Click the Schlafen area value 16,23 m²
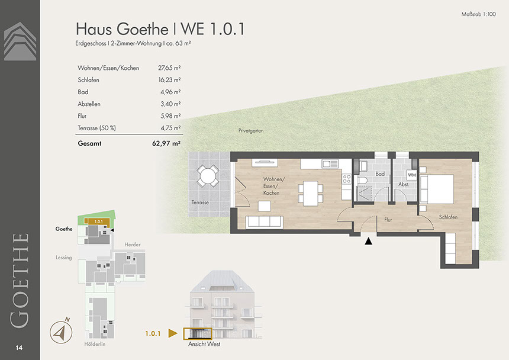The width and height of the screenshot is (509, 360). [169, 80]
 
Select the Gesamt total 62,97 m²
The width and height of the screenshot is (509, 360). [166, 143]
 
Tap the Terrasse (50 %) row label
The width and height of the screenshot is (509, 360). [96, 128]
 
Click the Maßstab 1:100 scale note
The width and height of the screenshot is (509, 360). [478, 14]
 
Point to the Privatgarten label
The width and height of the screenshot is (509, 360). [251, 130]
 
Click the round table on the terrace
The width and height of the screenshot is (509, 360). [208, 176]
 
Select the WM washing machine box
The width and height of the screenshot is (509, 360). [411, 175]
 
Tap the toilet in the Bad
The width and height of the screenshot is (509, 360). [362, 181]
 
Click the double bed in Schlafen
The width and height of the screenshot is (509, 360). [437, 189]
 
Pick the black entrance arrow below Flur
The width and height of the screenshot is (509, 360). [369, 241]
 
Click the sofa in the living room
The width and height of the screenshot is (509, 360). [264, 222]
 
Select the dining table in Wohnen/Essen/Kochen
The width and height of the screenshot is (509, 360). [311, 193]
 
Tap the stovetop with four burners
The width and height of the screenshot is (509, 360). [347, 179]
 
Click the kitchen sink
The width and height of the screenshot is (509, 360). [330, 163]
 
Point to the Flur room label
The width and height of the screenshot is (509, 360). [388, 220]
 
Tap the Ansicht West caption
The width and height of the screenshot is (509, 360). [204, 344]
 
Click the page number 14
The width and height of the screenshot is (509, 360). [19, 348]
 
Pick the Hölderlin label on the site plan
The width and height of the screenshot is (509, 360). [95, 344]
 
